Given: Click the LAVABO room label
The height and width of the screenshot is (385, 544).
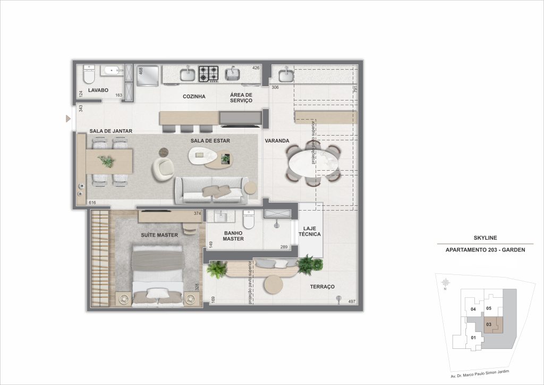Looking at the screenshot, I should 98,90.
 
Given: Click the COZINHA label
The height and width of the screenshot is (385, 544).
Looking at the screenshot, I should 194,97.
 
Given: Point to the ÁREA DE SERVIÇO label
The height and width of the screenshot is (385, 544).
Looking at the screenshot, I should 241,97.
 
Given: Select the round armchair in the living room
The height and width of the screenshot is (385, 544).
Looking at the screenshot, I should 164,169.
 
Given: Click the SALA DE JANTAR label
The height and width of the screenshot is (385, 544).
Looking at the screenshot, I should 110,131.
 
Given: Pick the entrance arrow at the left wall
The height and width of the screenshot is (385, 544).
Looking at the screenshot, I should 67,118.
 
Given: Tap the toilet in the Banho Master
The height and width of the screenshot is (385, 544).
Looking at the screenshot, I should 248,219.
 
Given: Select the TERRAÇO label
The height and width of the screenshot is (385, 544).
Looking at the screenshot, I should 322,287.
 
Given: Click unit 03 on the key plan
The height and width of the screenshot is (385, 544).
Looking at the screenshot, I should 489,324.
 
